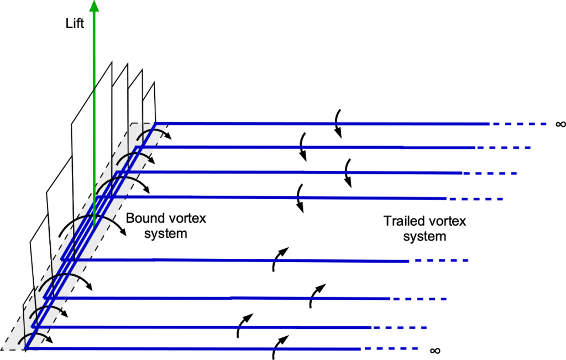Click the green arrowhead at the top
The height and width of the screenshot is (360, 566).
coord(94,6)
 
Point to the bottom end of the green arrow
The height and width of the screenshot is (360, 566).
coord(95,224)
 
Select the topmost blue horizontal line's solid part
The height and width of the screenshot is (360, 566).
coord(321,123)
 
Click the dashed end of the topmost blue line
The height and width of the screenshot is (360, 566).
coord(520,124)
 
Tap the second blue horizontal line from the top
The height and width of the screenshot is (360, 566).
coord(310,147)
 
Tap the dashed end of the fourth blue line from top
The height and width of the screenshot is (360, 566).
coord(475,199)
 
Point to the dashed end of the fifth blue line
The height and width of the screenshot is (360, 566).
coord(442,260)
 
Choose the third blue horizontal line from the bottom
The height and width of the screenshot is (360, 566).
coord(221,298)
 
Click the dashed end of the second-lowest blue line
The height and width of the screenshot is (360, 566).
coord(401,328)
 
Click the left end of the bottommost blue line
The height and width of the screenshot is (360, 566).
coord(27,348)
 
